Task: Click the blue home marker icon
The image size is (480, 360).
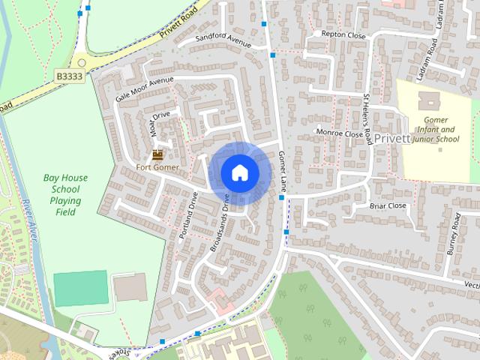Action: coord(240,172)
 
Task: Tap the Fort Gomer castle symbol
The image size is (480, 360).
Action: coord(157,154)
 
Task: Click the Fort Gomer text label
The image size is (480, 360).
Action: coord(157,167)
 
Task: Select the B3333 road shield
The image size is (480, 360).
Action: coord(70,76)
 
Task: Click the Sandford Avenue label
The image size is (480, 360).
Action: coord(223,40)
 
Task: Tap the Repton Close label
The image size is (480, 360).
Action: coord(343,34)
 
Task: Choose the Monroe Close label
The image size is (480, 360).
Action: coord(339,133)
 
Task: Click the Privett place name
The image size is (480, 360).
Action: coord(392,139)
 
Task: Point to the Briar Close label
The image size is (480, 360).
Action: coord(388,205)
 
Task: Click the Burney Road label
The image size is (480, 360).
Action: coord(454,234)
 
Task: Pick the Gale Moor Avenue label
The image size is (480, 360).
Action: coord(144,89)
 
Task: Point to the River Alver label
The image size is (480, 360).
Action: coord(29,221)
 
